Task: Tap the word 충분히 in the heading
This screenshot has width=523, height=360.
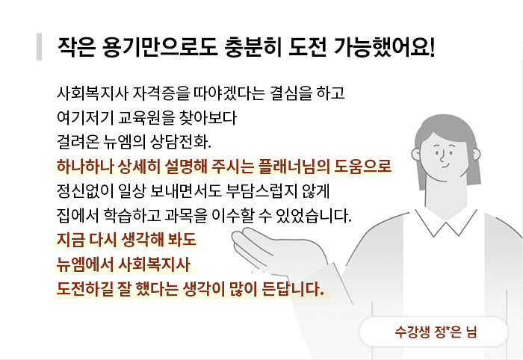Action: pyautogui.click(x=253, y=47)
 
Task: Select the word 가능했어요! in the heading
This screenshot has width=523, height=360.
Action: pyautogui.click(x=384, y=47)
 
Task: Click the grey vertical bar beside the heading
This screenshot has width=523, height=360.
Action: pyautogui.click(x=39, y=46)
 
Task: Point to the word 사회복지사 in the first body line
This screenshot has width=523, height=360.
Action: pyautogui.click(x=93, y=93)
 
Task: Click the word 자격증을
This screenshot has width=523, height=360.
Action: pyautogui.click(x=161, y=93)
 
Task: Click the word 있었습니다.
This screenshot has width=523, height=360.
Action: pyautogui.click(x=314, y=216)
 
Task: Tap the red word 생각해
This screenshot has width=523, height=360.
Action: pyautogui.click(x=142, y=240)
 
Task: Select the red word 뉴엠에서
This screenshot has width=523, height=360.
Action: pyautogui.click(x=85, y=264)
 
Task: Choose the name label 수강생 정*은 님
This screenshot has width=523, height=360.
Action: pyautogui.click(x=436, y=332)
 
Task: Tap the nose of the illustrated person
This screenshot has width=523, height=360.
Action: pyautogui.click(x=442, y=156)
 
